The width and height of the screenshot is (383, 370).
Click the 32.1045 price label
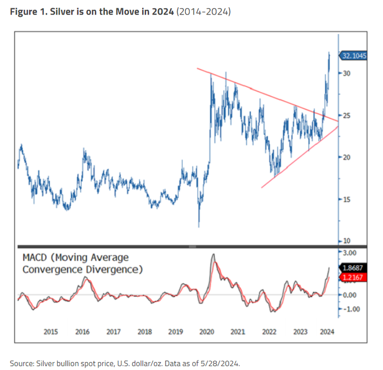click(x=354, y=56)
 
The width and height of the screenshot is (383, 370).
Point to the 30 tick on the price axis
click(x=347, y=73)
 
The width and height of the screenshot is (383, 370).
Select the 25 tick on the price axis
click(x=347, y=115)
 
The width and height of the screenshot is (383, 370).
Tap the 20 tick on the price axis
click(x=347, y=157)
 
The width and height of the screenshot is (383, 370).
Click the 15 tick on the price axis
click(x=347, y=200)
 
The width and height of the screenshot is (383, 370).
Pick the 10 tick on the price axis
click(x=347, y=241)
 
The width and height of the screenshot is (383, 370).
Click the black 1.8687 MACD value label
click(x=354, y=267)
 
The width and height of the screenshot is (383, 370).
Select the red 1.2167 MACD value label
click(x=354, y=277)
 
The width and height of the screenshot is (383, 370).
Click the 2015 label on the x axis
click(x=50, y=332)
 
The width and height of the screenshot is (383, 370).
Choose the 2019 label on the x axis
click(x=176, y=332)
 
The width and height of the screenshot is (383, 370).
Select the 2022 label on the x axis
click(x=269, y=332)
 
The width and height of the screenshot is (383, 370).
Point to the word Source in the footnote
click(x=21, y=362)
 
